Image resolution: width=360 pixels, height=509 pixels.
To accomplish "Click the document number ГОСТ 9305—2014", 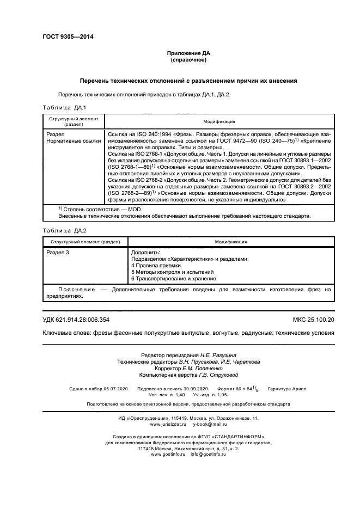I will click(x=69, y=36).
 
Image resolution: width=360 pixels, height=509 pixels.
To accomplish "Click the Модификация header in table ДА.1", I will click(x=219, y=121).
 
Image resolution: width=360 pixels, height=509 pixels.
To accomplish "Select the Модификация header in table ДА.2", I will click(x=230, y=241).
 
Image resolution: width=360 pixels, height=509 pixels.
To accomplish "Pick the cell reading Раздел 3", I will click(x=58, y=253).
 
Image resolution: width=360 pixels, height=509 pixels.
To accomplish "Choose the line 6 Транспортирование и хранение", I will click(x=173, y=278).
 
